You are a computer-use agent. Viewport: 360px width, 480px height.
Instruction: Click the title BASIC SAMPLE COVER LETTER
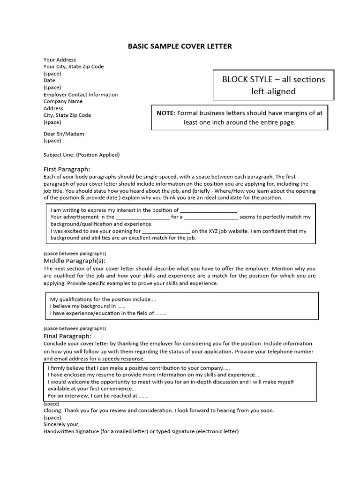pyautogui.click(x=180, y=46)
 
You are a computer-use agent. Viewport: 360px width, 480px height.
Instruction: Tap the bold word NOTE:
pyautogui.click(x=166, y=113)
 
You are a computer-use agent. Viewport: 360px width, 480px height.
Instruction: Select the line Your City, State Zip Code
pyautogui.click(x=74, y=67)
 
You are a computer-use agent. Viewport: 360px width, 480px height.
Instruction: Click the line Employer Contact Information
pyautogui.click(x=81, y=94)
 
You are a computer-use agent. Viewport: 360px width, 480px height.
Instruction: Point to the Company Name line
pyautogui.click(x=63, y=101)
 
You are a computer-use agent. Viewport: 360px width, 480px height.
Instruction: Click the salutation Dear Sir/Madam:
pyautogui.click(x=65, y=134)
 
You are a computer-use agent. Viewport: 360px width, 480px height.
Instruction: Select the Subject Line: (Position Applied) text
pyautogui.click(x=82, y=155)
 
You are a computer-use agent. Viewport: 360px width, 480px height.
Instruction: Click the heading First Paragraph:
pyautogui.click(x=67, y=169)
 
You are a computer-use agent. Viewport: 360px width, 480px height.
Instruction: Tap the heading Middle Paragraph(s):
pyautogui.click(x=75, y=261)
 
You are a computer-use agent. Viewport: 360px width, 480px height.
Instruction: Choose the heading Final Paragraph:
pyautogui.click(x=67, y=336)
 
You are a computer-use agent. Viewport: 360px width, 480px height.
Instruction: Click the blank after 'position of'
pyautogui.click(x=209, y=210)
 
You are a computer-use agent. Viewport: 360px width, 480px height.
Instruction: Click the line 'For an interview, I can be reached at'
pyautogui.click(x=98, y=395)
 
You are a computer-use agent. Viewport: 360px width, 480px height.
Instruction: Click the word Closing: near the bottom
pyautogui.click(x=53, y=410)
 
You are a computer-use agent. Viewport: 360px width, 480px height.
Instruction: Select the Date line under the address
pyautogui.click(x=49, y=80)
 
